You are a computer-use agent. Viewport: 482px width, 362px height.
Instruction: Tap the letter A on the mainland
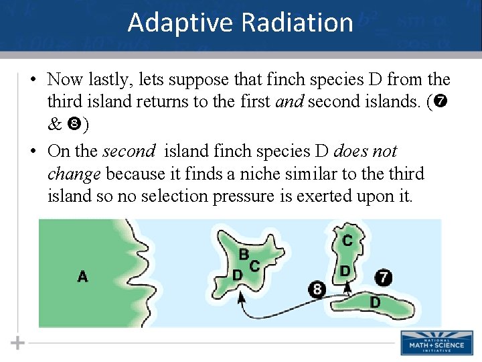[x=82, y=276]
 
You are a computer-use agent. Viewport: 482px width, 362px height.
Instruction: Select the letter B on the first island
[x=244, y=255]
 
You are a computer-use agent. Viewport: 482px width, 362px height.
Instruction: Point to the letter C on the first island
[x=254, y=266]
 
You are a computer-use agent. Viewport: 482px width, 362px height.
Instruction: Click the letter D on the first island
[x=237, y=276]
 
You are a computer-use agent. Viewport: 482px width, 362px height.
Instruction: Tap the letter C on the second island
[x=348, y=240]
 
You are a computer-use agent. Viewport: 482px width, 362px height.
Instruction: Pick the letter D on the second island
[x=344, y=271]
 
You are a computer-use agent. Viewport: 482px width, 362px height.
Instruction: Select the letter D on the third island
[x=375, y=302]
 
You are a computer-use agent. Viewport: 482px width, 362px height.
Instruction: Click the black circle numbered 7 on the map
[x=382, y=277]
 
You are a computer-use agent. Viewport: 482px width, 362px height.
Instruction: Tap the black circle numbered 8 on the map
[x=316, y=290]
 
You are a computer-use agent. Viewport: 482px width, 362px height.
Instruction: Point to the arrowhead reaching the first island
[x=240, y=302]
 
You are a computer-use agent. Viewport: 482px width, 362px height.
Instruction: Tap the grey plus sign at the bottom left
[x=18, y=343]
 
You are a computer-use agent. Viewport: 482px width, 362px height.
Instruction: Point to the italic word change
[x=74, y=174]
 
